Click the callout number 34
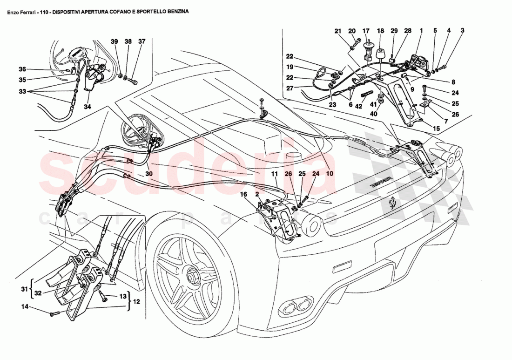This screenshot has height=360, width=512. pos(88,107)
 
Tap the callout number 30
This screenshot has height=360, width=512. pos(148,174)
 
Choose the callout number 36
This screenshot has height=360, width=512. pos(22,69)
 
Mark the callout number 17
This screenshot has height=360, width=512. pos(366,31)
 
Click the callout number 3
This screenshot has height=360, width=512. pos(462,31)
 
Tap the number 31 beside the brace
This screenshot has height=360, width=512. pos(24,289)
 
